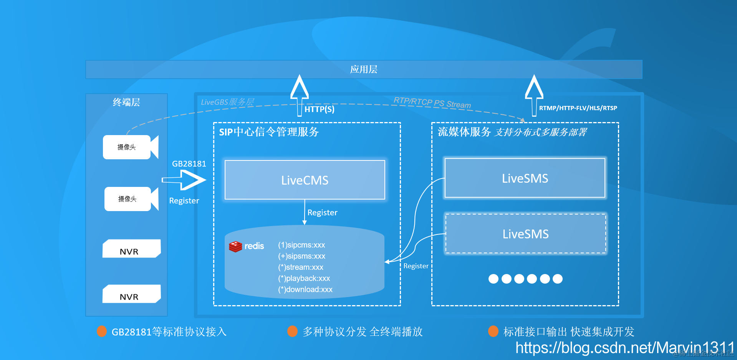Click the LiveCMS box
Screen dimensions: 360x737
pos(305,180)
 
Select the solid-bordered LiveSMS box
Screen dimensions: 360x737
pos(525,178)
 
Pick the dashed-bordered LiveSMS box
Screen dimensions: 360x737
pos(525,234)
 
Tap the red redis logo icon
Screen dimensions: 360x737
pos(235,246)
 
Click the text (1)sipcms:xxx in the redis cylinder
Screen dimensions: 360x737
pos(301,245)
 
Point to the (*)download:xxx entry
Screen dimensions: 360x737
pos(305,289)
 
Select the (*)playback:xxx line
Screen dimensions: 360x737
pos(304,278)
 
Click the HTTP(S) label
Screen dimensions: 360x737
pos(319,109)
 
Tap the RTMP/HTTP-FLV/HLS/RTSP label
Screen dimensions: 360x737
pos(578,108)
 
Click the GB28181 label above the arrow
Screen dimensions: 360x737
pos(189,164)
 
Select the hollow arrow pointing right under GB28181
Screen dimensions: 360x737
pos(184,180)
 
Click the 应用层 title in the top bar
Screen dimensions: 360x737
pos(363,69)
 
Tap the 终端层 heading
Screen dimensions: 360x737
pos(126,102)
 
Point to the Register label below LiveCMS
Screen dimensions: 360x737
pos(322,213)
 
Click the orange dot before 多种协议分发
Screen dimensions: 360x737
pos(292,331)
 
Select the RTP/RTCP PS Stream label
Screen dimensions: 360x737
pos(432,102)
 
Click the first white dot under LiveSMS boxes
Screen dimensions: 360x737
pos(493,279)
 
